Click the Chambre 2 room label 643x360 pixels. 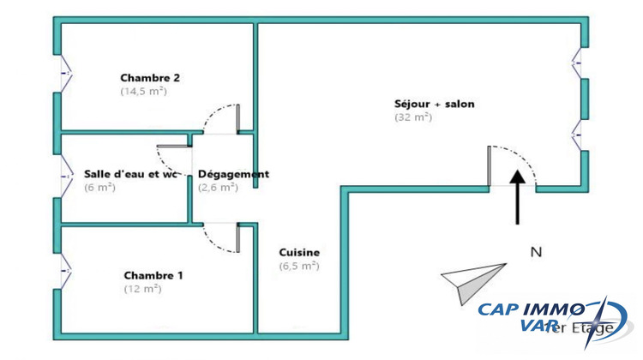coord(149,77)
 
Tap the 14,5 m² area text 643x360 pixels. coord(143,90)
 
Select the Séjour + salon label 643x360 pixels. coord(434,105)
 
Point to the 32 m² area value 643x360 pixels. coord(412,117)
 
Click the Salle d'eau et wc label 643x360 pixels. coord(130,174)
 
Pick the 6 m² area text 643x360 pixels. coord(99,187)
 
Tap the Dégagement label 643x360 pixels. coord(233,174)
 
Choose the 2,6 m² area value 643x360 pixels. coord(218,187)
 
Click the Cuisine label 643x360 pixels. coord(299,252)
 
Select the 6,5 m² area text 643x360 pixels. coord(299,266)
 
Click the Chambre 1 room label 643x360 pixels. coord(153,275)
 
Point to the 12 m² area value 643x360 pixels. coord(142,289)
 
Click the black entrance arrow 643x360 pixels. coord(518,196)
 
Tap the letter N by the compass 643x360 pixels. coord(537,252)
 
